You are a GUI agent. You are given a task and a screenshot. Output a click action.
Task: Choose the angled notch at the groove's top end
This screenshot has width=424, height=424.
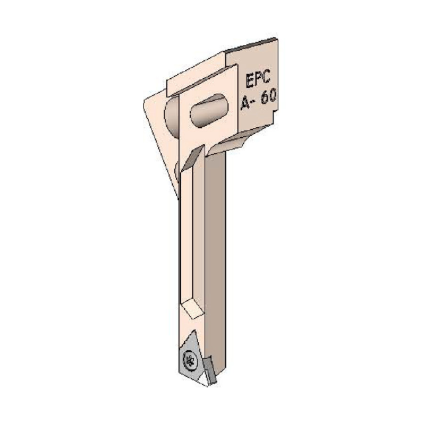(193, 158)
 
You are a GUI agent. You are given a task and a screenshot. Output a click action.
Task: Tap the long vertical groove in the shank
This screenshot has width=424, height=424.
(193, 232)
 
